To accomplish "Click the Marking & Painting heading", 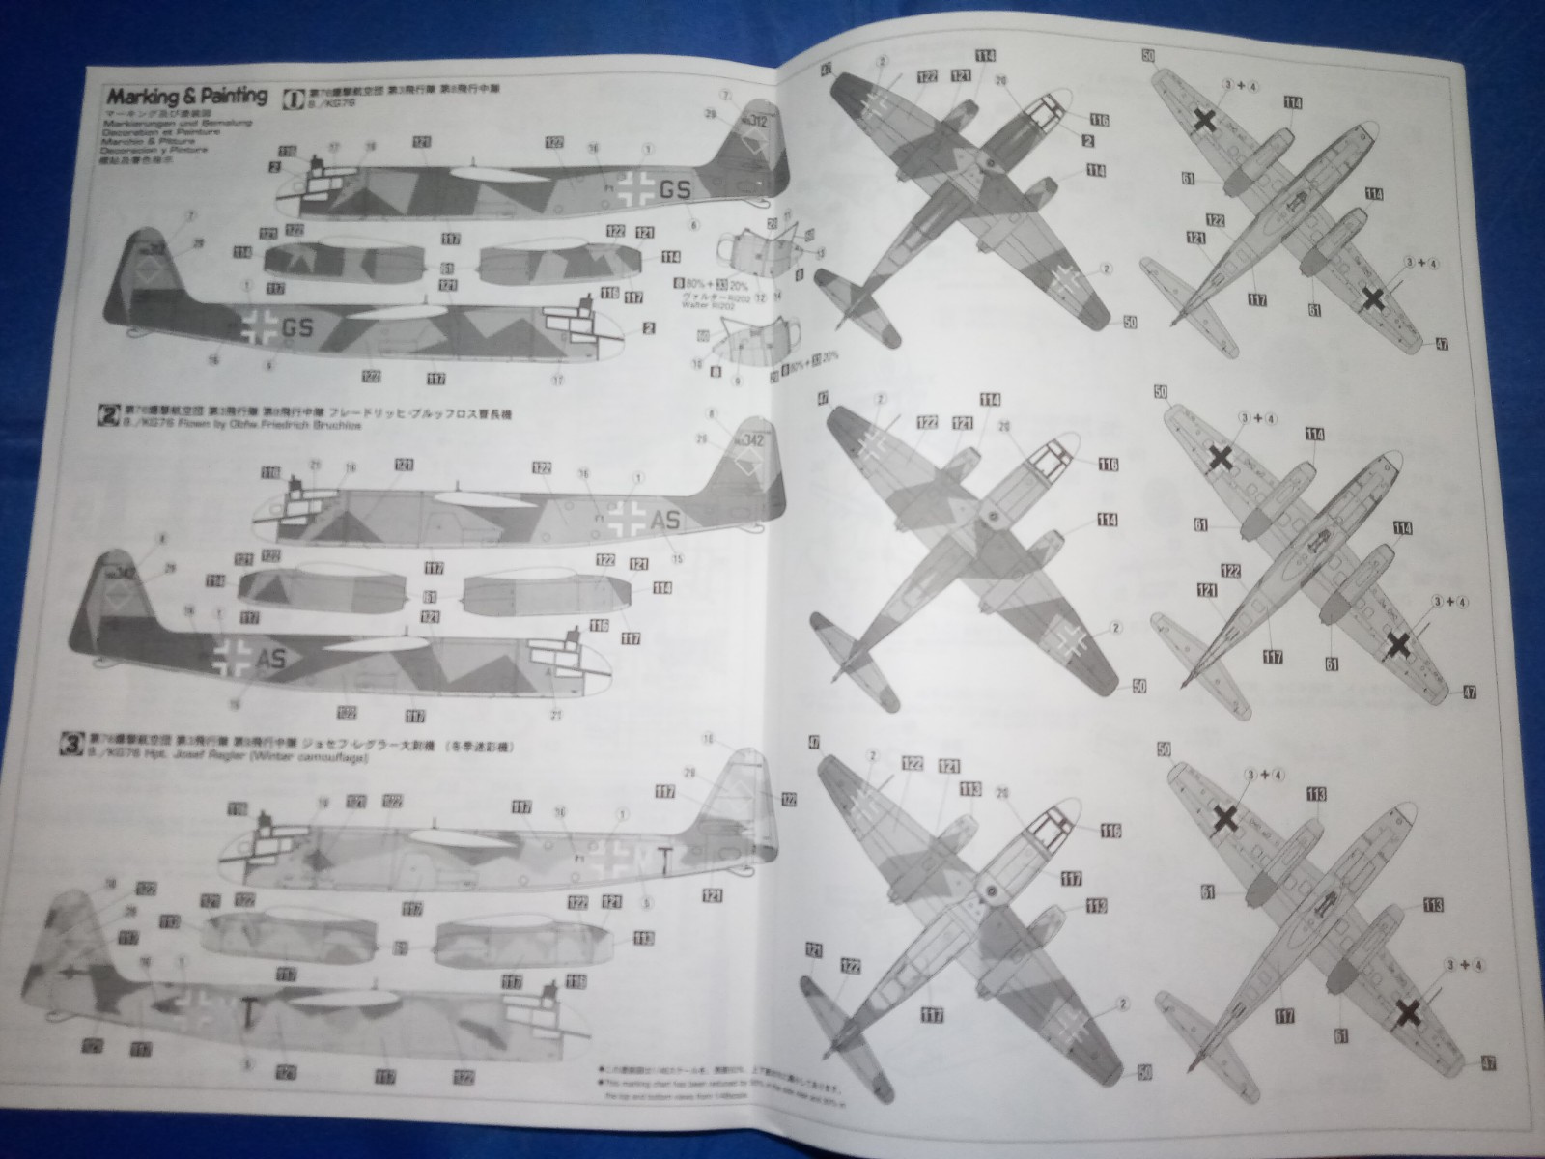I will click(x=186, y=96).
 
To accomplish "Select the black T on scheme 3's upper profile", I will click(x=663, y=856).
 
